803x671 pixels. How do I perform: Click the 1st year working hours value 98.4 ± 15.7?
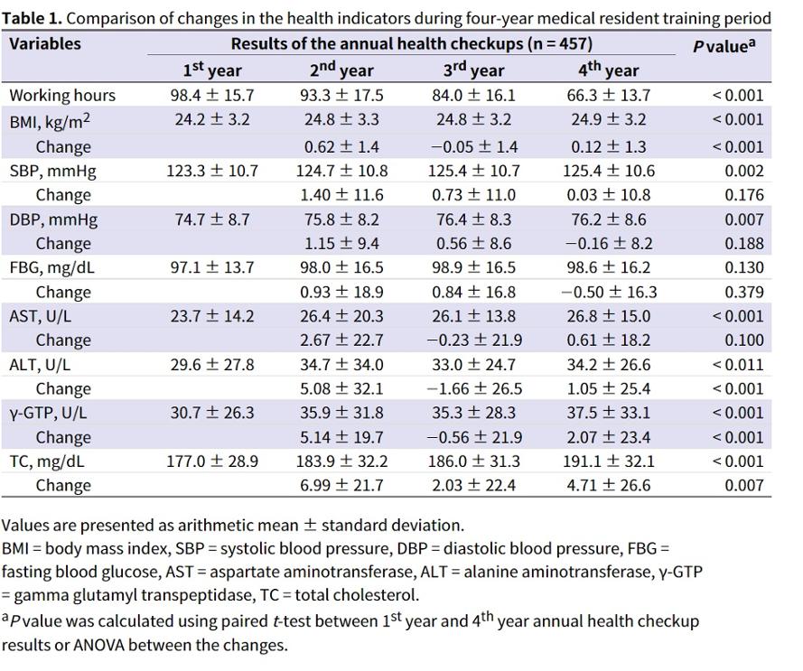point(212,95)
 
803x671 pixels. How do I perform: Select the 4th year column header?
point(609,70)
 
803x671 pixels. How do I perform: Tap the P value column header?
point(724,45)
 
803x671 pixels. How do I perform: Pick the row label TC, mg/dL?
point(47,462)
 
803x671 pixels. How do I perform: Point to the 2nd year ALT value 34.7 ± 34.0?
point(341,365)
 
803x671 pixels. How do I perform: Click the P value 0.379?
point(744,292)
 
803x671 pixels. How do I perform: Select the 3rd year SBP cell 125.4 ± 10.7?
point(473,171)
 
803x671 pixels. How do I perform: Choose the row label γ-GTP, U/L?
point(48,414)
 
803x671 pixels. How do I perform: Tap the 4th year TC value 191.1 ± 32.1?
point(609,461)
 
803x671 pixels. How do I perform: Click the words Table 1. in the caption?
point(32,18)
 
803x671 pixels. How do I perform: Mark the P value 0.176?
point(744,195)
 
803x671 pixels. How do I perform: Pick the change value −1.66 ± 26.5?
point(473,388)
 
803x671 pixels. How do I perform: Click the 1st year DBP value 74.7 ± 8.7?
point(212,219)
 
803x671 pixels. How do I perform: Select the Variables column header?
point(45,43)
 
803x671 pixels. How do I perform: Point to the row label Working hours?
point(62,96)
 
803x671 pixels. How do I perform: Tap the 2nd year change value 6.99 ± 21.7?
point(341,485)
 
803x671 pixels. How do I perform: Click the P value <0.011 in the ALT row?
point(737,365)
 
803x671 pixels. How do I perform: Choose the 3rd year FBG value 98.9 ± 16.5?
point(473,267)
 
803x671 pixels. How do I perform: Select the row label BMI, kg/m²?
point(50,121)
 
